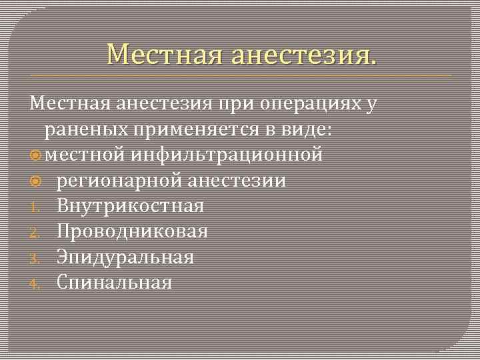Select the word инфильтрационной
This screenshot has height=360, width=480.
[x=227, y=155]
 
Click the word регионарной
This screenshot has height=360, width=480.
[x=120, y=181]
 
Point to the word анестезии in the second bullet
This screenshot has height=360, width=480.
[x=238, y=181]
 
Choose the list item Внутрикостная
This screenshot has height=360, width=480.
[x=131, y=206]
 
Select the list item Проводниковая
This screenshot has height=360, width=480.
[x=133, y=231]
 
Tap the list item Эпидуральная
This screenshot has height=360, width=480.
[x=125, y=257]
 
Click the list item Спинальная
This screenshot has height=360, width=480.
[x=115, y=282]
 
